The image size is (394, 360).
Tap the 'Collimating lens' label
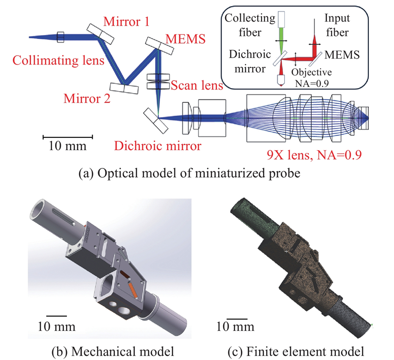59,61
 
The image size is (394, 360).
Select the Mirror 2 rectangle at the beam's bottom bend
124,87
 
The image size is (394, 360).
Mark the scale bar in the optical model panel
67,135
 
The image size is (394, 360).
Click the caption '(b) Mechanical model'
105,351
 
